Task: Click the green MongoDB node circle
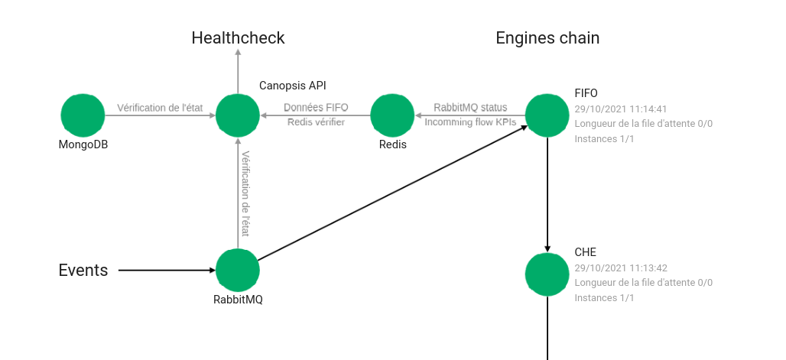pyautogui.click(x=83, y=115)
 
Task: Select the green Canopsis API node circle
pyautogui.click(x=238, y=115)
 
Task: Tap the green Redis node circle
pyautogui.click(x=392, y=115)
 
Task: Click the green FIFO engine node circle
pyautogui.click(x=547, y=115)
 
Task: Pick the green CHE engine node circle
pyautogui.click(x=547, y=274)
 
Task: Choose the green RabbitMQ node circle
pyautogui.click(x=238, y=270)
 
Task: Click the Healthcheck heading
pyautogui.click(x=238, y=37)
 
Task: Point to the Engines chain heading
pyautogui.click(x=547, y=37)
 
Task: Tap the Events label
pyautogui.click(x=83, y=270)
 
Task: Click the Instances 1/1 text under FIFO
pyautogui.click(x=604, y=139)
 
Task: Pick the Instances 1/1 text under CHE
pyautogui.click(x=604, y=298)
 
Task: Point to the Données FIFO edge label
pyautogui.click(x=316, y=108)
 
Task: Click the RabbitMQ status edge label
pyautogui.click(x=470, y=108)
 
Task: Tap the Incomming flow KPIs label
pyautogui.click(x=470, y=122)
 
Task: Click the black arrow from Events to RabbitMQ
pyautogui.click(x=167, y=270)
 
